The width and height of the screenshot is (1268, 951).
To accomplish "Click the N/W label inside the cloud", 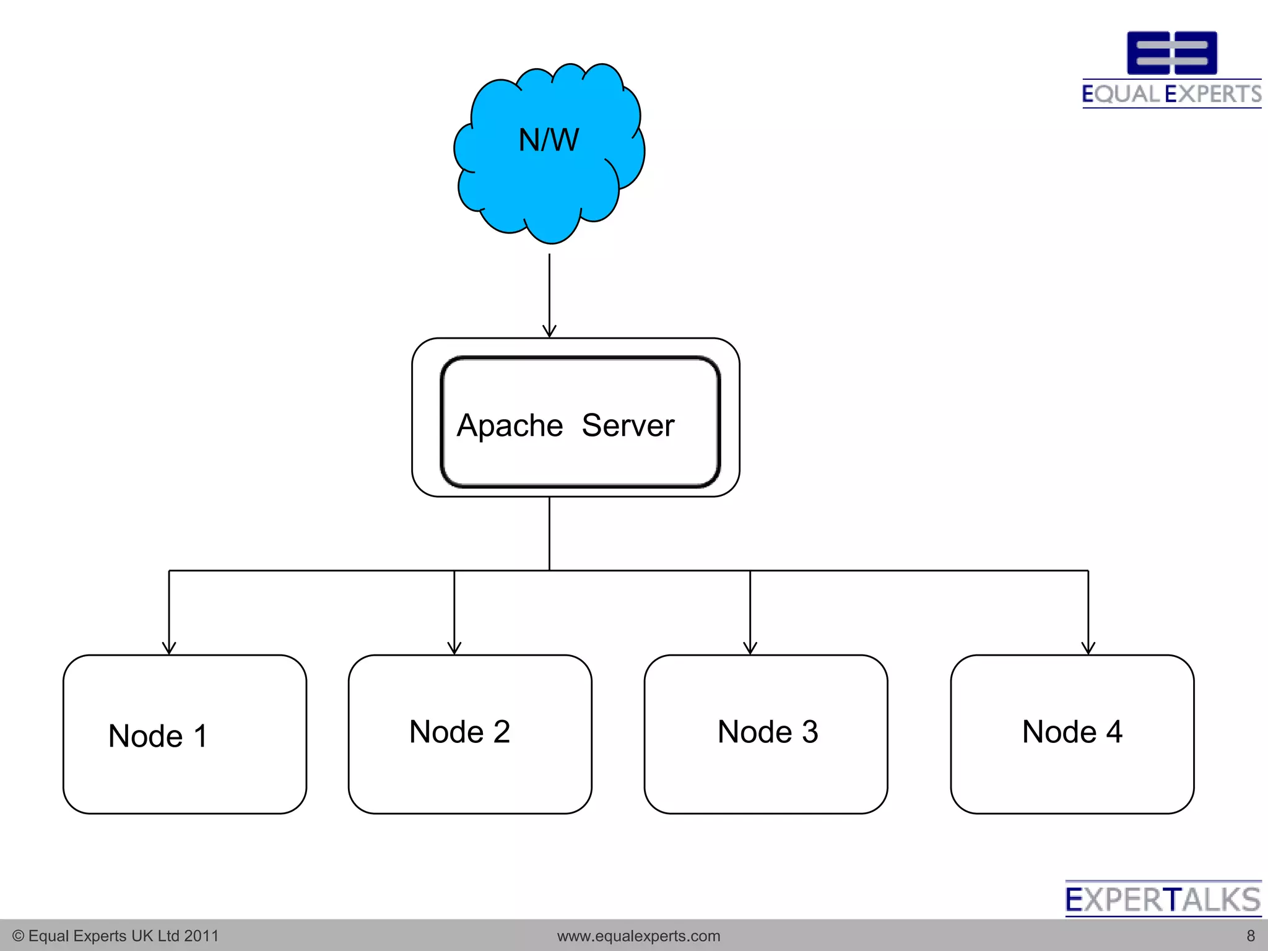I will [549, 140].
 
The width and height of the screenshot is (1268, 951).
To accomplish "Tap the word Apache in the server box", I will [510, 426].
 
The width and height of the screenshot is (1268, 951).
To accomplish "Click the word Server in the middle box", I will [628, 426].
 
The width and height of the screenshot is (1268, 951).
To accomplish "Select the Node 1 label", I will [157, 736].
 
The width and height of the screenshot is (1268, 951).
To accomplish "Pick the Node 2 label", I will [459, 732].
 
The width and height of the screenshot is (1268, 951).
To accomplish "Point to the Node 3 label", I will [768, 732].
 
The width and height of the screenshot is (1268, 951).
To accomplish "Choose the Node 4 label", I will [1072, 732].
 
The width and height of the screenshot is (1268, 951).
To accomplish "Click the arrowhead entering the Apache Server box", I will [549, 331].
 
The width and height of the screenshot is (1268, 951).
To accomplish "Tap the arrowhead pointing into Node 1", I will [169, 648].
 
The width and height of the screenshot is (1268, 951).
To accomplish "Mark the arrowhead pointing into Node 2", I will [454, 648].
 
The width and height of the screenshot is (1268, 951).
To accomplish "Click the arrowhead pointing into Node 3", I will [750, 648].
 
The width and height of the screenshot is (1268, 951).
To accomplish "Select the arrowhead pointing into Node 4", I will [1088, 648].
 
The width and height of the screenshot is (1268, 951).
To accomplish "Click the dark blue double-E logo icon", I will [1171, 53].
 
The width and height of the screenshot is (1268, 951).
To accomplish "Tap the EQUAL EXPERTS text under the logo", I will [1171, 94].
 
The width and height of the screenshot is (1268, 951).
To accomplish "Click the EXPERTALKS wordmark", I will [1163, 900].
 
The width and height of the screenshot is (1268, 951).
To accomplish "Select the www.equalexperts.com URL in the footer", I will [638, 936].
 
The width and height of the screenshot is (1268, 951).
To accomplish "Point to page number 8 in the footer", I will [1251, 936].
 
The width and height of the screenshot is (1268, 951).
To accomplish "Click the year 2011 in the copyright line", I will [201, 936].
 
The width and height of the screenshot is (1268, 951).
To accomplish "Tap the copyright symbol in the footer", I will [18, 936].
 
